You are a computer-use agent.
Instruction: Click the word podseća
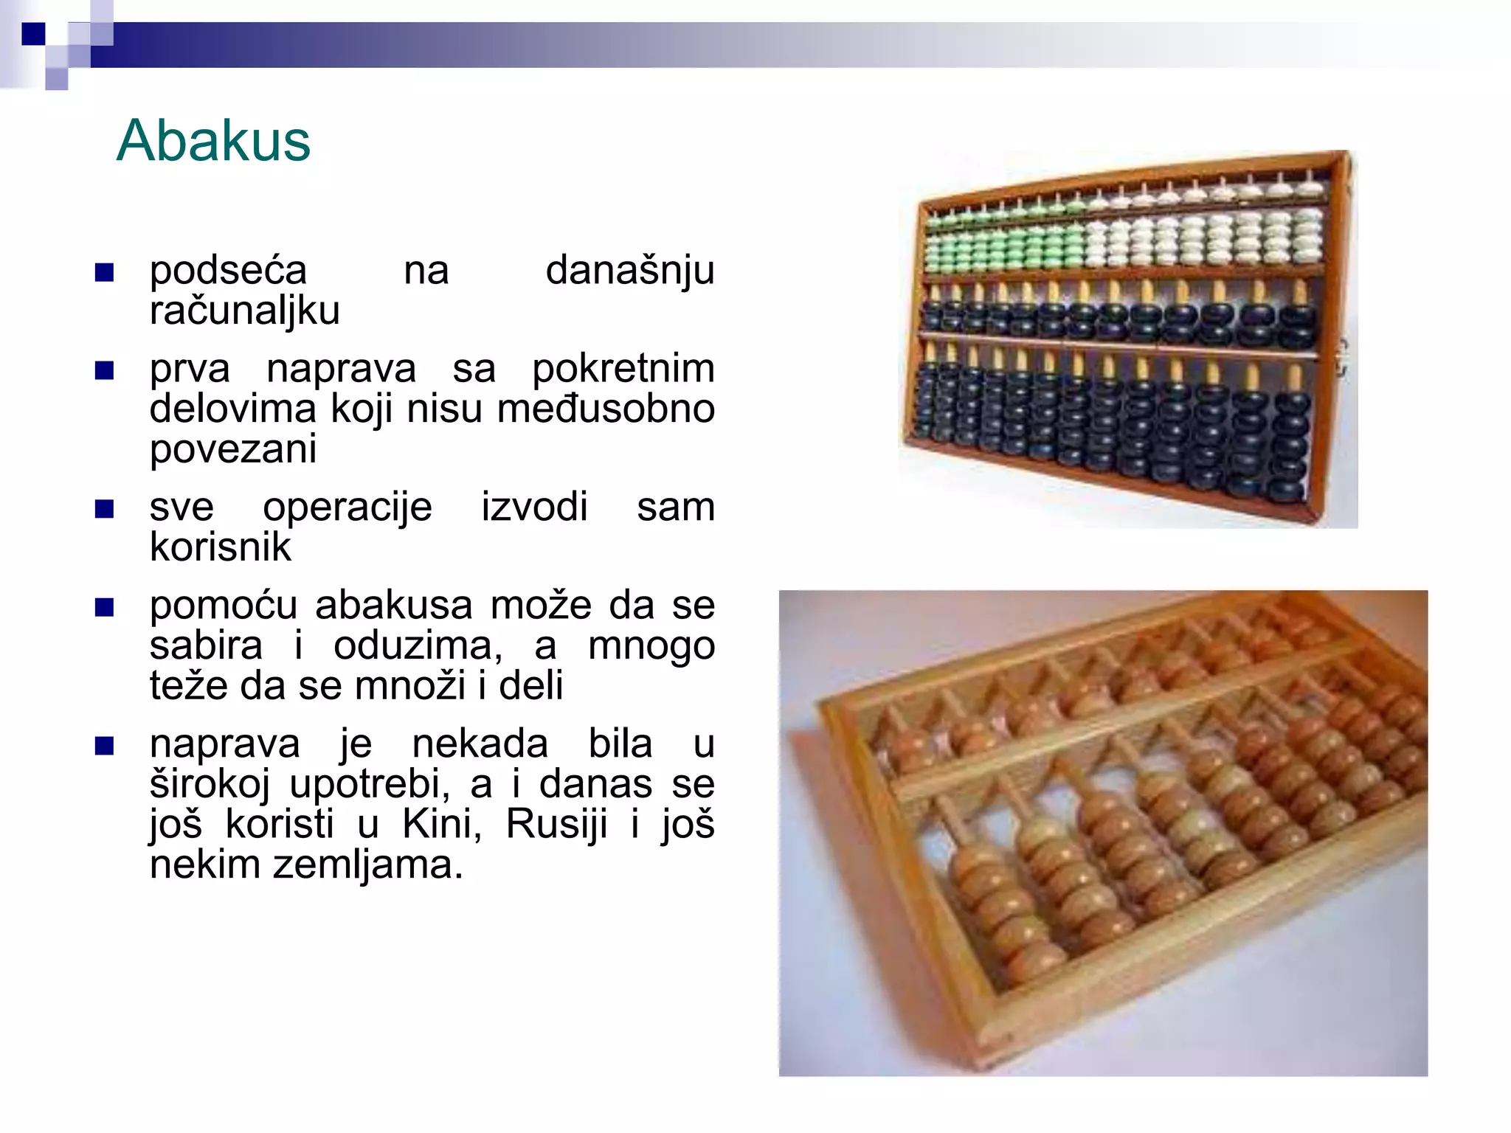coord(228,270)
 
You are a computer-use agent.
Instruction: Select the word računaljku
coord(244,311)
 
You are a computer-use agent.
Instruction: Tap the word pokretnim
coord(623,368)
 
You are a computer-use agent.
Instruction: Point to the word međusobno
coord(606,409)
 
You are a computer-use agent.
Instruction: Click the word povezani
coord(233,449)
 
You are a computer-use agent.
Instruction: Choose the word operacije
coord(348,507)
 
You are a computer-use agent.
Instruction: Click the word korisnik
coord(221,547)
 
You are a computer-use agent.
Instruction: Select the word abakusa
coord(393,606)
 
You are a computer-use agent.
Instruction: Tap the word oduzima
coord(418,646)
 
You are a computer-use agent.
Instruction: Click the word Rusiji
coord(556,824)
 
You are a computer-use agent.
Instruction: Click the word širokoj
coord(210,784)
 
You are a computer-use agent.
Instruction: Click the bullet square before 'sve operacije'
coord(105,509)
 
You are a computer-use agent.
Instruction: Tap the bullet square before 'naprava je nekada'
coord(105,746)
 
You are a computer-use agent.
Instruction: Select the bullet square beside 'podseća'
coord(105,273)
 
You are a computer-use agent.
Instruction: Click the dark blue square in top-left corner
coord(33,34)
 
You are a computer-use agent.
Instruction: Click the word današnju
coord(630,270)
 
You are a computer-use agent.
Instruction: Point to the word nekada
coord(480,744)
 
